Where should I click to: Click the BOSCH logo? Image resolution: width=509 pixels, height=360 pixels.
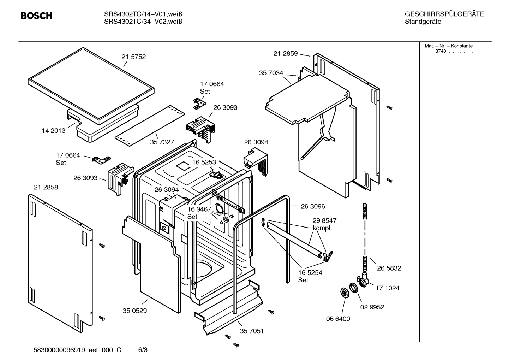coord(36,16)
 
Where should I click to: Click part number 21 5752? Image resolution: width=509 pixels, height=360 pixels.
coord(133,57)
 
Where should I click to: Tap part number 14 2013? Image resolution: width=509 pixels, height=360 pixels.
coord(54,131)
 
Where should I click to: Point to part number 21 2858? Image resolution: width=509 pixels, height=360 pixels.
coord(46,187)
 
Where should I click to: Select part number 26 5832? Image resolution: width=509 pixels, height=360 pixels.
coord(389,268)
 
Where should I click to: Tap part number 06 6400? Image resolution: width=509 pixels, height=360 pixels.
coord(338,319)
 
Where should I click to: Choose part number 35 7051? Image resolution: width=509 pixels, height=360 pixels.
coord(252,331)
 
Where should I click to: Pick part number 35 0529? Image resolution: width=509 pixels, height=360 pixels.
coord(135,311)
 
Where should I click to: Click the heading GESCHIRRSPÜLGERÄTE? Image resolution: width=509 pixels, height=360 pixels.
coord(444,14)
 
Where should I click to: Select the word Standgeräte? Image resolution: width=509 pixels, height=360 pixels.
coord(423,22)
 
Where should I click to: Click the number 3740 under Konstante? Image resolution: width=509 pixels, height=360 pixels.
coord(440,52)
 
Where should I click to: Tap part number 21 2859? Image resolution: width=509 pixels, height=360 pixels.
coord(286,54)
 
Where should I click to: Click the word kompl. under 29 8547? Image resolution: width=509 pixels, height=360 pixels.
coord(322,228)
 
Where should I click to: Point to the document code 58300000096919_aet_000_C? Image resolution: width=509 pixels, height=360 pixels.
coord(77,350)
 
